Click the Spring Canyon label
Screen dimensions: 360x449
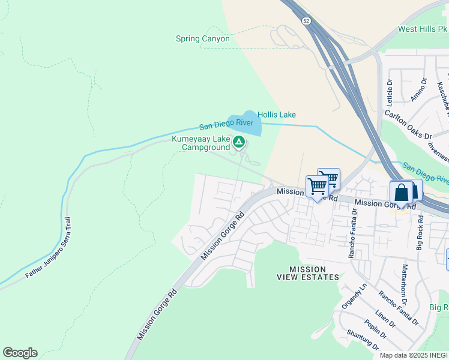(x=202, y=39)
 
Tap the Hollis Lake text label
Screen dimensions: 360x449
(x=277, y=115)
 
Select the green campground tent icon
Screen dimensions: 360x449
(x=239, y=142)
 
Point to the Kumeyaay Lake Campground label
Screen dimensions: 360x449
(x=201, y=143)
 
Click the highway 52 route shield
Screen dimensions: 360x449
(x=307, y=21)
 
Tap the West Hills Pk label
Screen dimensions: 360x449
(x=423, y=29)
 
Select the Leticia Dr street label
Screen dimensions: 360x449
(x=390, y=89)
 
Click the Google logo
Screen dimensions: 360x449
(x=20, y=353)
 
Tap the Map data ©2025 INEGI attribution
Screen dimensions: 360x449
(x=414, y=355)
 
